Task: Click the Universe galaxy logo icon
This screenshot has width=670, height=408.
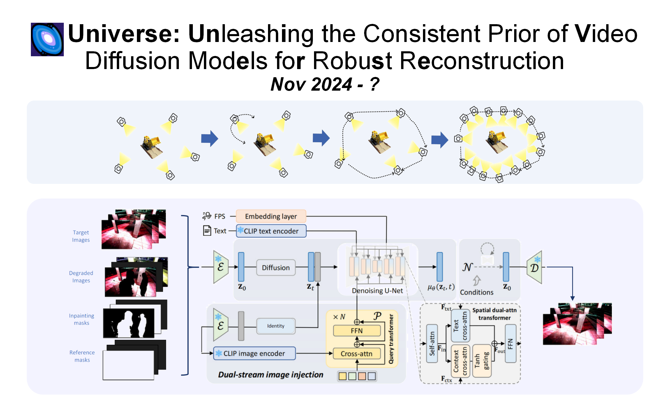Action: (47, 39)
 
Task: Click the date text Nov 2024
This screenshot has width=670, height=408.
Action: (311, 85)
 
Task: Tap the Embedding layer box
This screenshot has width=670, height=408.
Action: (271, 216)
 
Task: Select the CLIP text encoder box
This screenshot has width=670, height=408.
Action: (271, 231)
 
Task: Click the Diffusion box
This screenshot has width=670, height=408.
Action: (276, 268)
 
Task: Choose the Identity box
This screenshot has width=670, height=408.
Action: (276, 326)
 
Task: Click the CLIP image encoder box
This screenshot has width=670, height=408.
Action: (254, 354)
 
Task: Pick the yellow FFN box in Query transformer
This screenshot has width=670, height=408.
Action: (357, 331)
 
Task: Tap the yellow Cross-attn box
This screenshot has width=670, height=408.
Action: (357, 354)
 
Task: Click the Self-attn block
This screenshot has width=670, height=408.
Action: (432, 344)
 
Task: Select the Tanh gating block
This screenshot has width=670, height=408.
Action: (482, 361)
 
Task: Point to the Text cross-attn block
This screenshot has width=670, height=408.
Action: (460, 326)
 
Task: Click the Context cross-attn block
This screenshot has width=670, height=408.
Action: (460, 361)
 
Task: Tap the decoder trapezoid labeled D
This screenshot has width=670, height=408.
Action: (535, 267)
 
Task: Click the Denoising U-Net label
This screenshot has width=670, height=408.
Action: (377, 291)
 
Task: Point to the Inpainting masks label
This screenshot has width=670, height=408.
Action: (82, 319)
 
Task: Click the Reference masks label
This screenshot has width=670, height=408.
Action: (82, 356)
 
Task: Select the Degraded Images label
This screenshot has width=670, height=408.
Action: (81, 277)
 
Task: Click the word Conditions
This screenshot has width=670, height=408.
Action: (477, 292)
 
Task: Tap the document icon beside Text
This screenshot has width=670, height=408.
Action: (207, 231)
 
